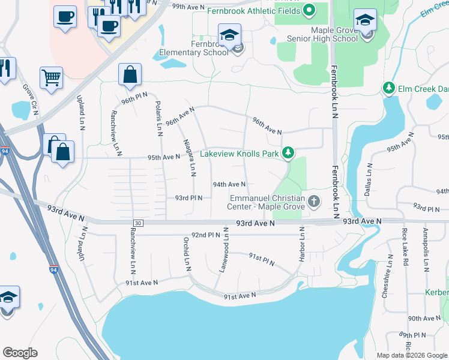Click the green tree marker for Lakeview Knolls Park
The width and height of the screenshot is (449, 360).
288,154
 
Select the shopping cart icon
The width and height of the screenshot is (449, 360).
51,77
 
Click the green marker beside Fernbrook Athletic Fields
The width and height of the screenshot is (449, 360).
309,10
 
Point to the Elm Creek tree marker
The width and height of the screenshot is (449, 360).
389,89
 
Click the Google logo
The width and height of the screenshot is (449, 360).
20,353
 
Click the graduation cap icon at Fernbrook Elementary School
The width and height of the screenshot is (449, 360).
229,35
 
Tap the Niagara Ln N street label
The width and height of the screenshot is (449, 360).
190,157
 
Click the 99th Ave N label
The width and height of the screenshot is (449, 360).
188,6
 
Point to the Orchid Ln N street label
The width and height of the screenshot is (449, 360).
187,253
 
